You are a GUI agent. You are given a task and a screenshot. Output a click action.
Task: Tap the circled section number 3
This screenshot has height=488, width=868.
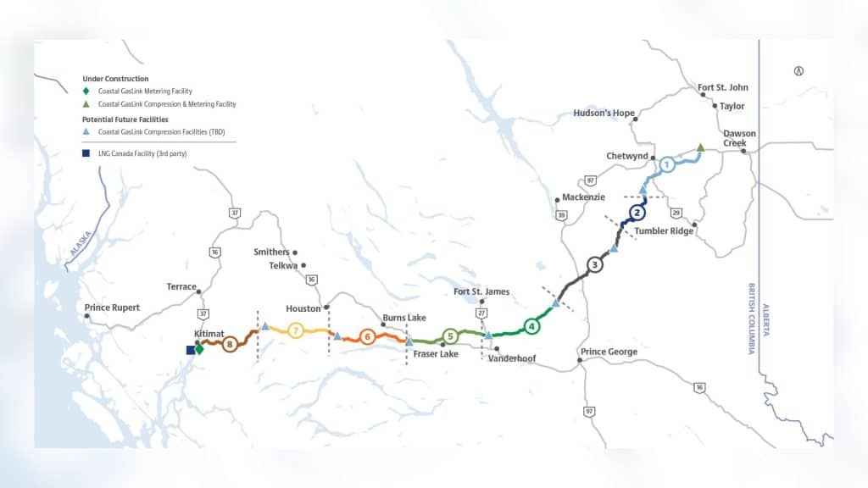point(595,264)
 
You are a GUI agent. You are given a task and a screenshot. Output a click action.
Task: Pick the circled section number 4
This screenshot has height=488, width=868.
point(531,325)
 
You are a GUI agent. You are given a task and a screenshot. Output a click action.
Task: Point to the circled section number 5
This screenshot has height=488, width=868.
point(450,335)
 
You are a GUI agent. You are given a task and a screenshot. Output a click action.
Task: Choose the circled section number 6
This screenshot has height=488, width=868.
point(367,336)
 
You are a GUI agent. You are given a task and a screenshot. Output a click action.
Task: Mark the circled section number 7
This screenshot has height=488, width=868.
point(295,330)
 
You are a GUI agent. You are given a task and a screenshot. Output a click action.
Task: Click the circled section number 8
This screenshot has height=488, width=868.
point(229,345)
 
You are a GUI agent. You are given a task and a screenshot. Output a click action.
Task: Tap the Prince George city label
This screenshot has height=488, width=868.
point(609,352)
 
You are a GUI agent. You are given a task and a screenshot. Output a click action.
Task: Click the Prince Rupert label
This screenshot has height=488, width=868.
point(112,307)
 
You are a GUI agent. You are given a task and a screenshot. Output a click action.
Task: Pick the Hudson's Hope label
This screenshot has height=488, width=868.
point(604,113)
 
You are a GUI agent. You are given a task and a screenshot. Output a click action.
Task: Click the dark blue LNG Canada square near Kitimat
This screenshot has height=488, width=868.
point(191,349)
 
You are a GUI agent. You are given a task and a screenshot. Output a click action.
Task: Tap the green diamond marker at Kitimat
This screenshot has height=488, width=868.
point(199,348)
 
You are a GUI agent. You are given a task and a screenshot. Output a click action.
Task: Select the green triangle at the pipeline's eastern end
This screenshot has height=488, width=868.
point(700,147)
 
